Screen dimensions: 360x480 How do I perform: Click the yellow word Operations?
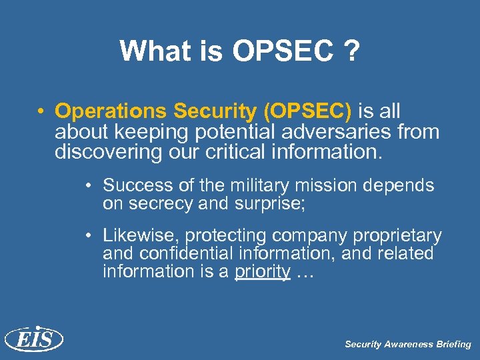[x=109, y=111]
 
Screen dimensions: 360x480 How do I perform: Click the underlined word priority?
[x=262, y=272]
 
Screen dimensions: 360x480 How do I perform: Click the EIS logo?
[x=33, y=340]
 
